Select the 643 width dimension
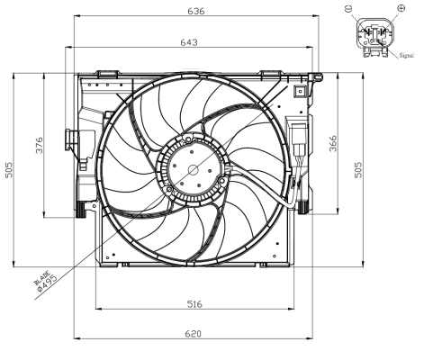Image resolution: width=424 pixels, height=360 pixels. pyautogui.click(x=190, y=42)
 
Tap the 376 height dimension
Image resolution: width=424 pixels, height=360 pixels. pyautogui.click(x=38, y=146)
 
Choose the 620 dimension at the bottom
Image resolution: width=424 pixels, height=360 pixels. pyautogui.click(x=193, y=334)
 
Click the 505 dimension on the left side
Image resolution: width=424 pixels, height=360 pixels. pyautogui.click(x=8, y=170)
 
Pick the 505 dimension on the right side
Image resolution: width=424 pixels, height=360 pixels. pyautogui.click(x=357, y=170)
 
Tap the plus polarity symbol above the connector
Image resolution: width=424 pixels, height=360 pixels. pyautogui.click(x=400, y=8)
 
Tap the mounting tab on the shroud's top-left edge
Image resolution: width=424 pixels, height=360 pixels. pyautogui.click(x=107, y=73)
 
